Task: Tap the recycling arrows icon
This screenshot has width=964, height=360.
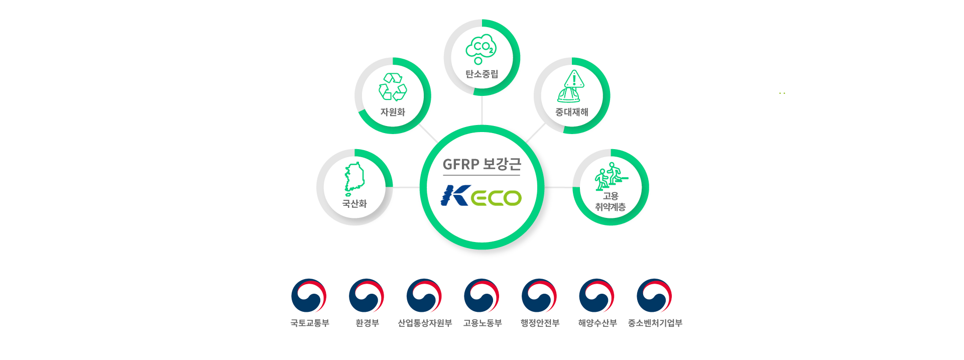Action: click(x=393, y=87)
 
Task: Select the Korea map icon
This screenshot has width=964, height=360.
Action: click(x=354, y=179)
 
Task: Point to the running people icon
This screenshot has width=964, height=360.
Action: click(x=610, y=176)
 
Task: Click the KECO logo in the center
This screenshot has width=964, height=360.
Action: click(x=481, y=196)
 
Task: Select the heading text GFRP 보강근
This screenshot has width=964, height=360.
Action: click(x=481, y=164)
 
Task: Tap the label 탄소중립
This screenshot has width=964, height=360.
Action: click(x=481, y=74)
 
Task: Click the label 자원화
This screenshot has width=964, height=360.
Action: click(x=393, y=112)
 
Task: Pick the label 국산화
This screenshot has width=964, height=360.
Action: click(x=354, y=203)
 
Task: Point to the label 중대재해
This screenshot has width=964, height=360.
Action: click(x=571, y=112)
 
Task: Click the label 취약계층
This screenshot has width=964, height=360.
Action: click(x=610, y=207)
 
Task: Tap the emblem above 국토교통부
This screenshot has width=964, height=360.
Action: click(x=309, y=296)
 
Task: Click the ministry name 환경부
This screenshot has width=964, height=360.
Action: click(x=367, y=323)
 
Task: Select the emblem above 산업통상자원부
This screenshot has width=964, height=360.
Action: click(x=424, y=296)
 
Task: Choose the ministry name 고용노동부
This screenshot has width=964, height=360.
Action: click(x=482, y=323)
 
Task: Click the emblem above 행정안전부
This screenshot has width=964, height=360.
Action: click(x=539, y=296)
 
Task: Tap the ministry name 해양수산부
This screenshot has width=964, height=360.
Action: click(x=597, y=323)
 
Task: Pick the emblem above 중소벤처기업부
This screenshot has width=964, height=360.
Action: click(x=654, y=296)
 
